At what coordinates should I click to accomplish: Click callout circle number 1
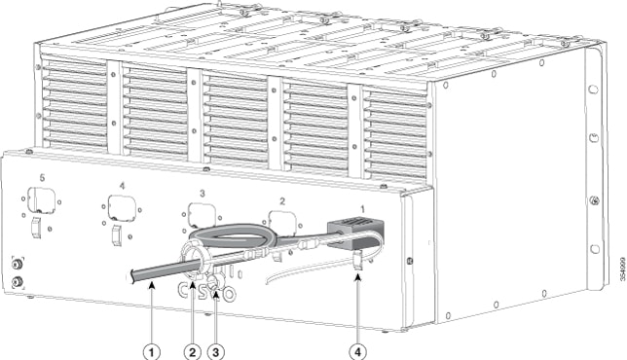pyautogui.click(x=152, y=352)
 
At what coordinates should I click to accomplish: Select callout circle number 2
pyautogui.click(x=192, y=352)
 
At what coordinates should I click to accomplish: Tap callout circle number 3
pyautogui.click(x=216, y=352)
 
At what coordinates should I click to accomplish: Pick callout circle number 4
pyautogui.click(x=358, y=352)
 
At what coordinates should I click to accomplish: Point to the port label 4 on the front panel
pyautogui.click(x=122, y=186)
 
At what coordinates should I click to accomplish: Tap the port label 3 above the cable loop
pyautogui.click(x=203, y=194)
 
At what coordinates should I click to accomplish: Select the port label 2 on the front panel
pyautogui.click(x=282, y=201)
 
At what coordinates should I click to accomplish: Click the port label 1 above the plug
pyautogui.click(x=363, y=209)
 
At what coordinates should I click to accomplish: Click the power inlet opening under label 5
pyautogui.click(x=41, y=199)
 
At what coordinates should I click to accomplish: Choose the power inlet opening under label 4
pyautogui.click(x=122, y=207)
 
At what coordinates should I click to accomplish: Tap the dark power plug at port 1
pyautogui.click(x=355, y=234)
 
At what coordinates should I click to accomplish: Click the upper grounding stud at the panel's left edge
pyautogui.click(x=17, y=264)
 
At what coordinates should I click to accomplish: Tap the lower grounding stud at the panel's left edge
pyautogui.click(x=17, y=282)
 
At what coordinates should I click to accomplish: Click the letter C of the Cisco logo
pyautogui.click(x=184, y=291)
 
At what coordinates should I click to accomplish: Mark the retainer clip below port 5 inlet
pyautogui.click(x=36, y=227)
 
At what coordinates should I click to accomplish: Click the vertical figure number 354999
pyautogui.click(x=622, y=269)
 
